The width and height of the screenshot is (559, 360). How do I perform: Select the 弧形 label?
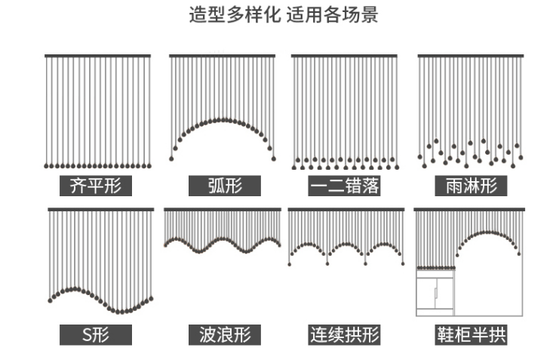pyautogui.click(x=224, y=186)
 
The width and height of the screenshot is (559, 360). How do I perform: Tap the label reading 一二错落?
pyautogui.click(x=344, y=186)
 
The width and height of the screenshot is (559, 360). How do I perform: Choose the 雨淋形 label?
pyautogui.click(x=471, y=186)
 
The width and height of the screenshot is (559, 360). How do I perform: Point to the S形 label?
pyautogui.click(x=96, y=334)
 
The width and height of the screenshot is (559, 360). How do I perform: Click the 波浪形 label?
pyautogui.click(x=224, y=334)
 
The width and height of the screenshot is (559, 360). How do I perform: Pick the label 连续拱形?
pyautogui.click(x=344, y=334)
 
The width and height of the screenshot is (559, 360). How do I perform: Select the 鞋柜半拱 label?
pyautogui.click(x=471, y=334)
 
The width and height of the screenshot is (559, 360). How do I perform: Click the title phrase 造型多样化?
pyautogui.click(x=236, y=15)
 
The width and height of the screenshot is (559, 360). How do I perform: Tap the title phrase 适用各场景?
pyautogui.click(x=333, y=15)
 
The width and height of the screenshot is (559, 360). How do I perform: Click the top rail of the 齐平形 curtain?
pyautogui.click(x=97, y=56)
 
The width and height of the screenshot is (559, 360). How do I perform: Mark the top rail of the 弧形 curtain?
pyautogui.click(x=223, y=56)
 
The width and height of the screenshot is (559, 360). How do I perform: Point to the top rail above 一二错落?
pyautogui.click(x=346, y=56)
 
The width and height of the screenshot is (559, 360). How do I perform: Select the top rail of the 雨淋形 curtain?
pyautogui.click(x=471, y=56)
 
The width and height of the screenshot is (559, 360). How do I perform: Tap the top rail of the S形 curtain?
pyautogui.click(x=101, y=209)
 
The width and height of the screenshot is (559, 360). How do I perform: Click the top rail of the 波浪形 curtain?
pyautogui.click(x=223, y=209)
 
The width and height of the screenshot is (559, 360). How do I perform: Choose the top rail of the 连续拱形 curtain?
pyautogui.click(x=346, y=209)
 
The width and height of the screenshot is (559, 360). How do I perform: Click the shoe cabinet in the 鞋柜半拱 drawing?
pyautogui.click(x=436, y=294)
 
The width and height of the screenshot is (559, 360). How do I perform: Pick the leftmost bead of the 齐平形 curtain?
pyautogui.click(x=47, y=165)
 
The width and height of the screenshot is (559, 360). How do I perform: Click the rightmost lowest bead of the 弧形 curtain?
pyautogui.click(x=273, y=158)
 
